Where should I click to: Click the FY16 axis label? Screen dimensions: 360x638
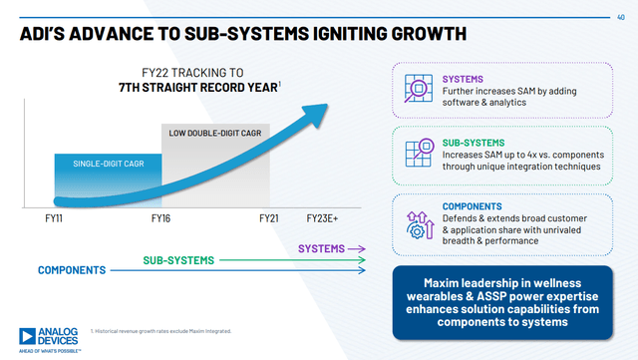162,216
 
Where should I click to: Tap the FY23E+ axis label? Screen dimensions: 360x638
323,216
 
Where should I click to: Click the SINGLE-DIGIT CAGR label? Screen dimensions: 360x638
107,163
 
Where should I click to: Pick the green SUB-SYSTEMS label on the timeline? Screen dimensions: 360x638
179,260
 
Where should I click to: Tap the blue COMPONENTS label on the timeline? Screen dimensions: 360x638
72,270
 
